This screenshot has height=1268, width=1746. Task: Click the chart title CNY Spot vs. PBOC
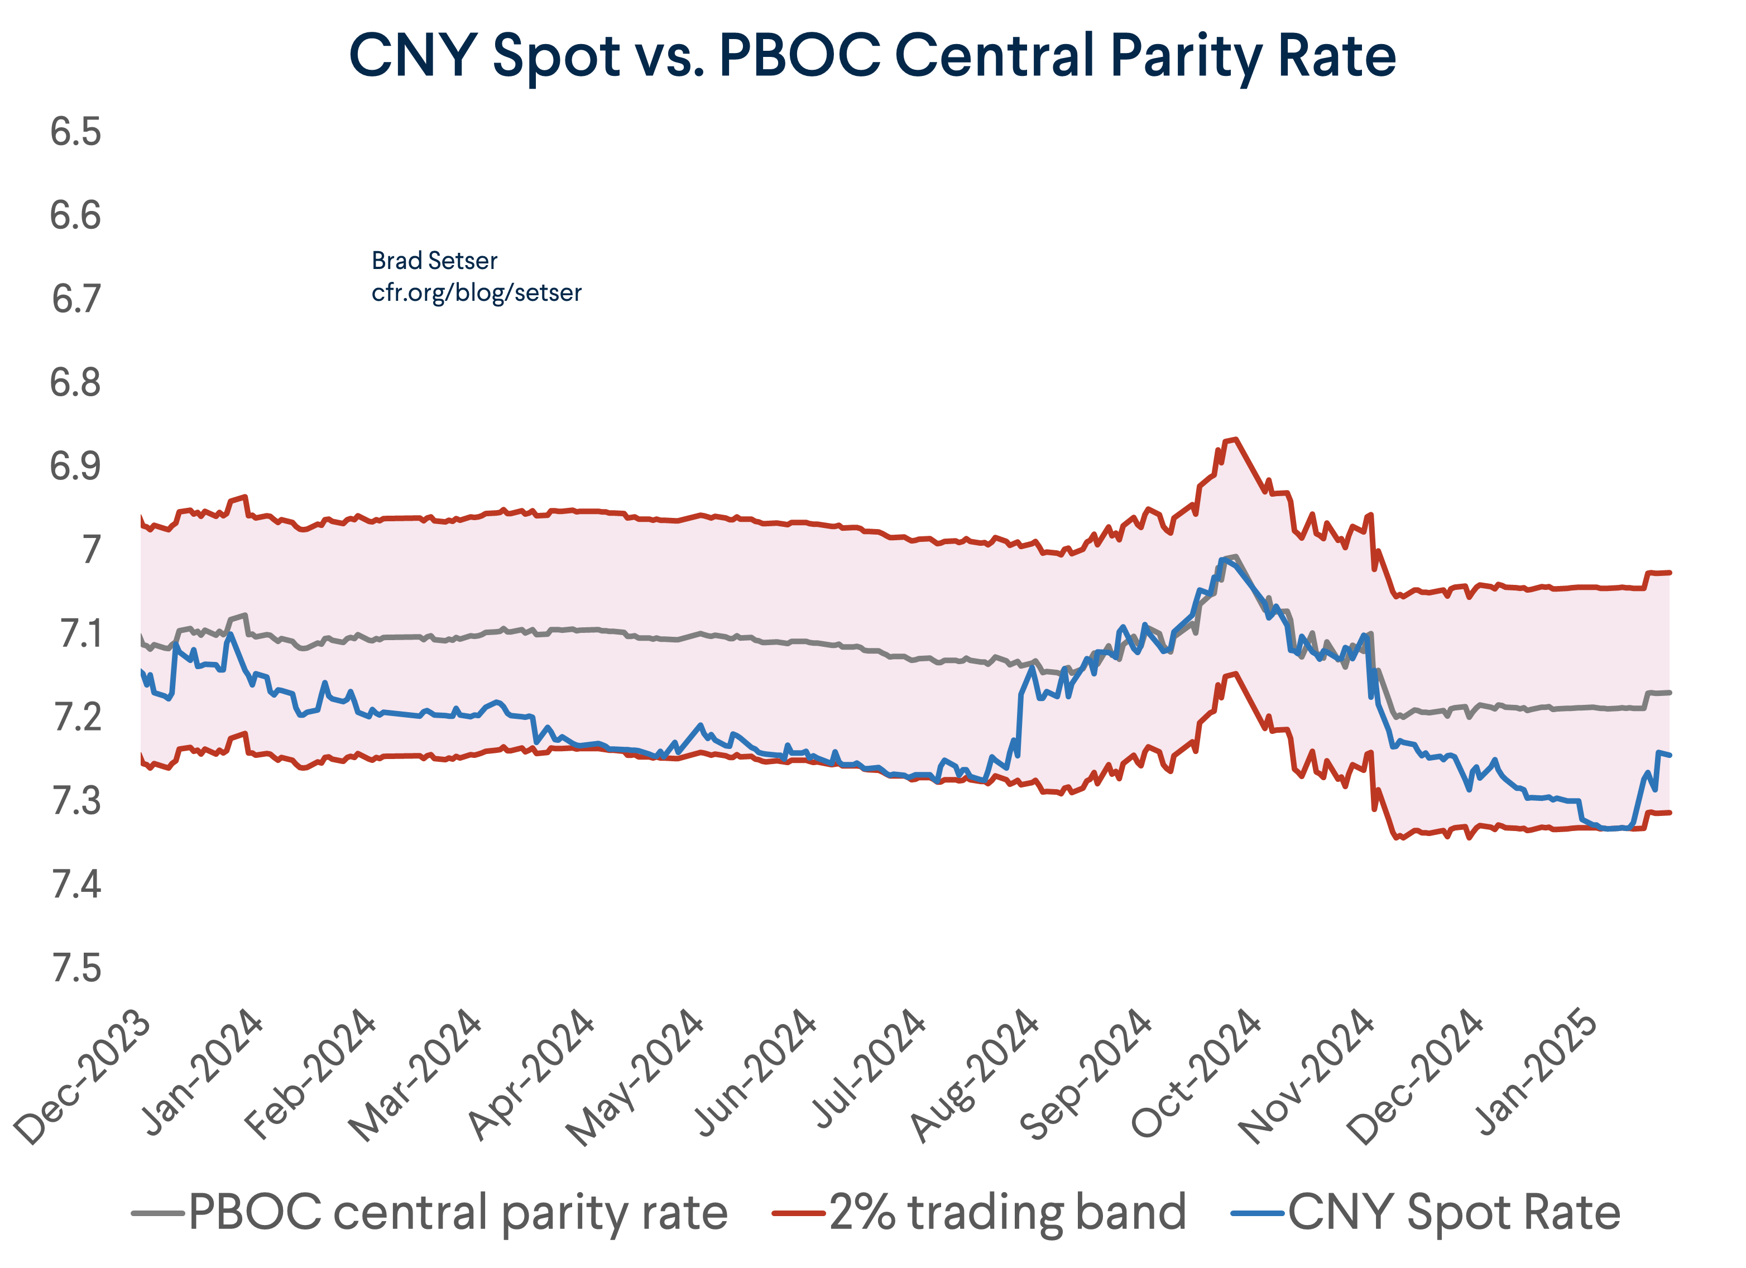872,55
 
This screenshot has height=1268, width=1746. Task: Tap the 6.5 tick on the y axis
75,132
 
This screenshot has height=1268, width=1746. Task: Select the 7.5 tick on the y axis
75,968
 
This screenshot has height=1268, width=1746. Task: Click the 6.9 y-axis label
75,467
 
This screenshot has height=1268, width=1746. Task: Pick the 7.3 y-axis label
75,801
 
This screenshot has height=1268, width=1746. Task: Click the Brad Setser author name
434,261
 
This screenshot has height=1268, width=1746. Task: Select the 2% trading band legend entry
1007,1213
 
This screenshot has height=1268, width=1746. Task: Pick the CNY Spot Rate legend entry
1454,1213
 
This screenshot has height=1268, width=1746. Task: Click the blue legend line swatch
1257,1213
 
